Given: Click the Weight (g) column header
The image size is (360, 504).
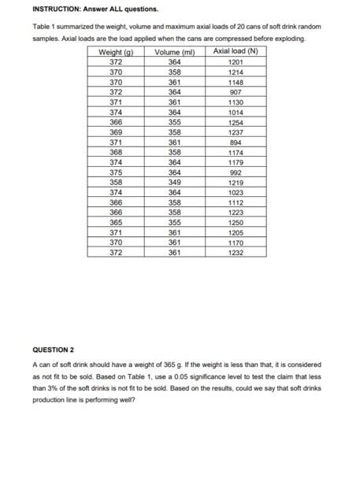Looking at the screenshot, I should [116, 52].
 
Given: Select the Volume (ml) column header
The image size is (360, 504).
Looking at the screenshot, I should [176, 52].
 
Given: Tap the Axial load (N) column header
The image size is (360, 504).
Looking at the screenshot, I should [236, 52].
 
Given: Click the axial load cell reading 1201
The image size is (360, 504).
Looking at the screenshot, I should [236, 61].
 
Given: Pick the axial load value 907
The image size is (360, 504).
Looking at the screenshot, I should [236, 92].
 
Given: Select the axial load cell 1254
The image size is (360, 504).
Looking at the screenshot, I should [236, 123].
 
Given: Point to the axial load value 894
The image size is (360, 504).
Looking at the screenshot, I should [236, 143].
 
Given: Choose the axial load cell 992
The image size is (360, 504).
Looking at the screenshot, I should [236, 172].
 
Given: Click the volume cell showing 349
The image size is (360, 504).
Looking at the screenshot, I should [176, 182].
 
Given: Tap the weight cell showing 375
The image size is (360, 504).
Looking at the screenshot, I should [116, 172].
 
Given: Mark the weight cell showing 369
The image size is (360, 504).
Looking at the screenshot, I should [116, 133].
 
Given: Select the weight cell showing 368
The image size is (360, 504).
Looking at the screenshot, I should [116, 152].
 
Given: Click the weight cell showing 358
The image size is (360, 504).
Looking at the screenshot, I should [116, 182].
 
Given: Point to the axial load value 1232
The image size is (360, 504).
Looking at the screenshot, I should [236, 253].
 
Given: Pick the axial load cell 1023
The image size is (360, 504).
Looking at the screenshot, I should [236, 192].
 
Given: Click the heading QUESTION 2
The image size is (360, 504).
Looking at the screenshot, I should [53, 348].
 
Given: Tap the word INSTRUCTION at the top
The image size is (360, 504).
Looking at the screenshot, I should [58, 9].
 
